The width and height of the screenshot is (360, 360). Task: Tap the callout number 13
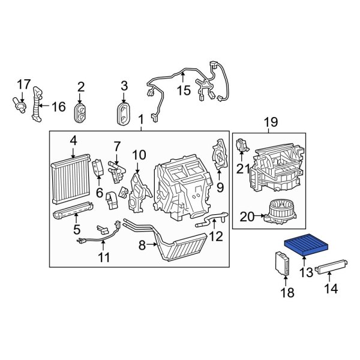point(307,274)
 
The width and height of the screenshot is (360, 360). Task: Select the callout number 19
point(271,122)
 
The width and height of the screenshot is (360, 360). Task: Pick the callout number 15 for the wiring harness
point(183,91)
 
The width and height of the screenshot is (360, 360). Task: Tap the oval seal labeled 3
point(124,113)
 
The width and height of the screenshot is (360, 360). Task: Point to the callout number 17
point(23,84)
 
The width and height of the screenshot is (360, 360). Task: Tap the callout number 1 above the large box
point(141,119)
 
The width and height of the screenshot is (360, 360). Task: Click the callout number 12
point(215,236)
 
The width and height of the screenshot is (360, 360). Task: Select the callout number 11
point(104,259)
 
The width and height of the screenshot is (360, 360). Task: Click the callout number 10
point(139,155)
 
